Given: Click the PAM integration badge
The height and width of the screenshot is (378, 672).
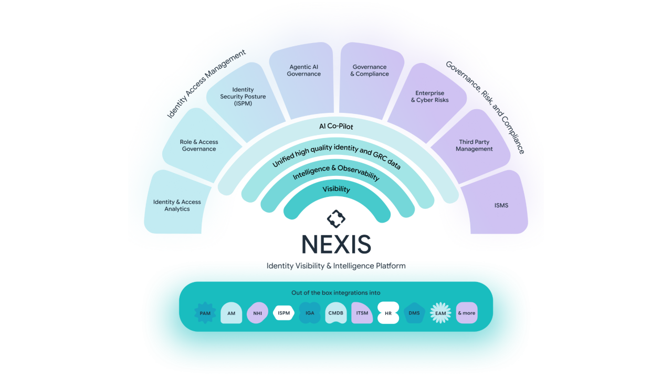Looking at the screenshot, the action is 205,313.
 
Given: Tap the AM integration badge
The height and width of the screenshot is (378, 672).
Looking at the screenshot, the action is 231,313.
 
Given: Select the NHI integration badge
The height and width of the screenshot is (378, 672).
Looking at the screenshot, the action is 257,313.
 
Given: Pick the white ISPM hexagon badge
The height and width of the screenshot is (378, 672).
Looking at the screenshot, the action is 283,313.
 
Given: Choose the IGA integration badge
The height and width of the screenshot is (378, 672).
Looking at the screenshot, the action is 310,313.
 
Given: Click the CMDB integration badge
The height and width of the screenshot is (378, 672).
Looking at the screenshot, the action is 335,313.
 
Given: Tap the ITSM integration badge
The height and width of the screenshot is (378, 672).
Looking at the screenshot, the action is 362,313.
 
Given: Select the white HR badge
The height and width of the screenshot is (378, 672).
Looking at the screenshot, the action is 388,313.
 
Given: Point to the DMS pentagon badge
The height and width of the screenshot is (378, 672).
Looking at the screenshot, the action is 414,313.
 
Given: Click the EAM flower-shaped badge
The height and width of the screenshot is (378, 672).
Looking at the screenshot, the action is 440,313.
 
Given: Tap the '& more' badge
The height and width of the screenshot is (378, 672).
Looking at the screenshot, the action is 467,313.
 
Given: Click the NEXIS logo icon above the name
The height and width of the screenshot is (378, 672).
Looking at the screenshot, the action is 336,219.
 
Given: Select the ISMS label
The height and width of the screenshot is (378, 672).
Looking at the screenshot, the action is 501,205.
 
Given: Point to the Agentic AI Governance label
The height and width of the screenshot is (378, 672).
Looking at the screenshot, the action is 303,70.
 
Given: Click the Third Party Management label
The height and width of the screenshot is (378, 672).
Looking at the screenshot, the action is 474,145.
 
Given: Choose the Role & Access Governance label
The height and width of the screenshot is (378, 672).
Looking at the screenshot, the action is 199,145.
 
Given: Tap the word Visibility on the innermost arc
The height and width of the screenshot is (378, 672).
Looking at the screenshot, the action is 336,189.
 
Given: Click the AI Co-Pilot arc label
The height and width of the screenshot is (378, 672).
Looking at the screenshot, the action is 336,127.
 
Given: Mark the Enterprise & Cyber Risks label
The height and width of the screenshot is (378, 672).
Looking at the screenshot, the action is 429,97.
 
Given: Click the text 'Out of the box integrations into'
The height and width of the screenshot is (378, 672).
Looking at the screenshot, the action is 335,293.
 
